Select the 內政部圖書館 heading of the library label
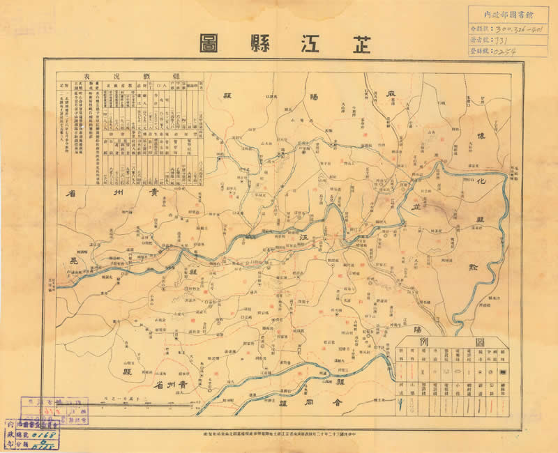click(506, 13)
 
